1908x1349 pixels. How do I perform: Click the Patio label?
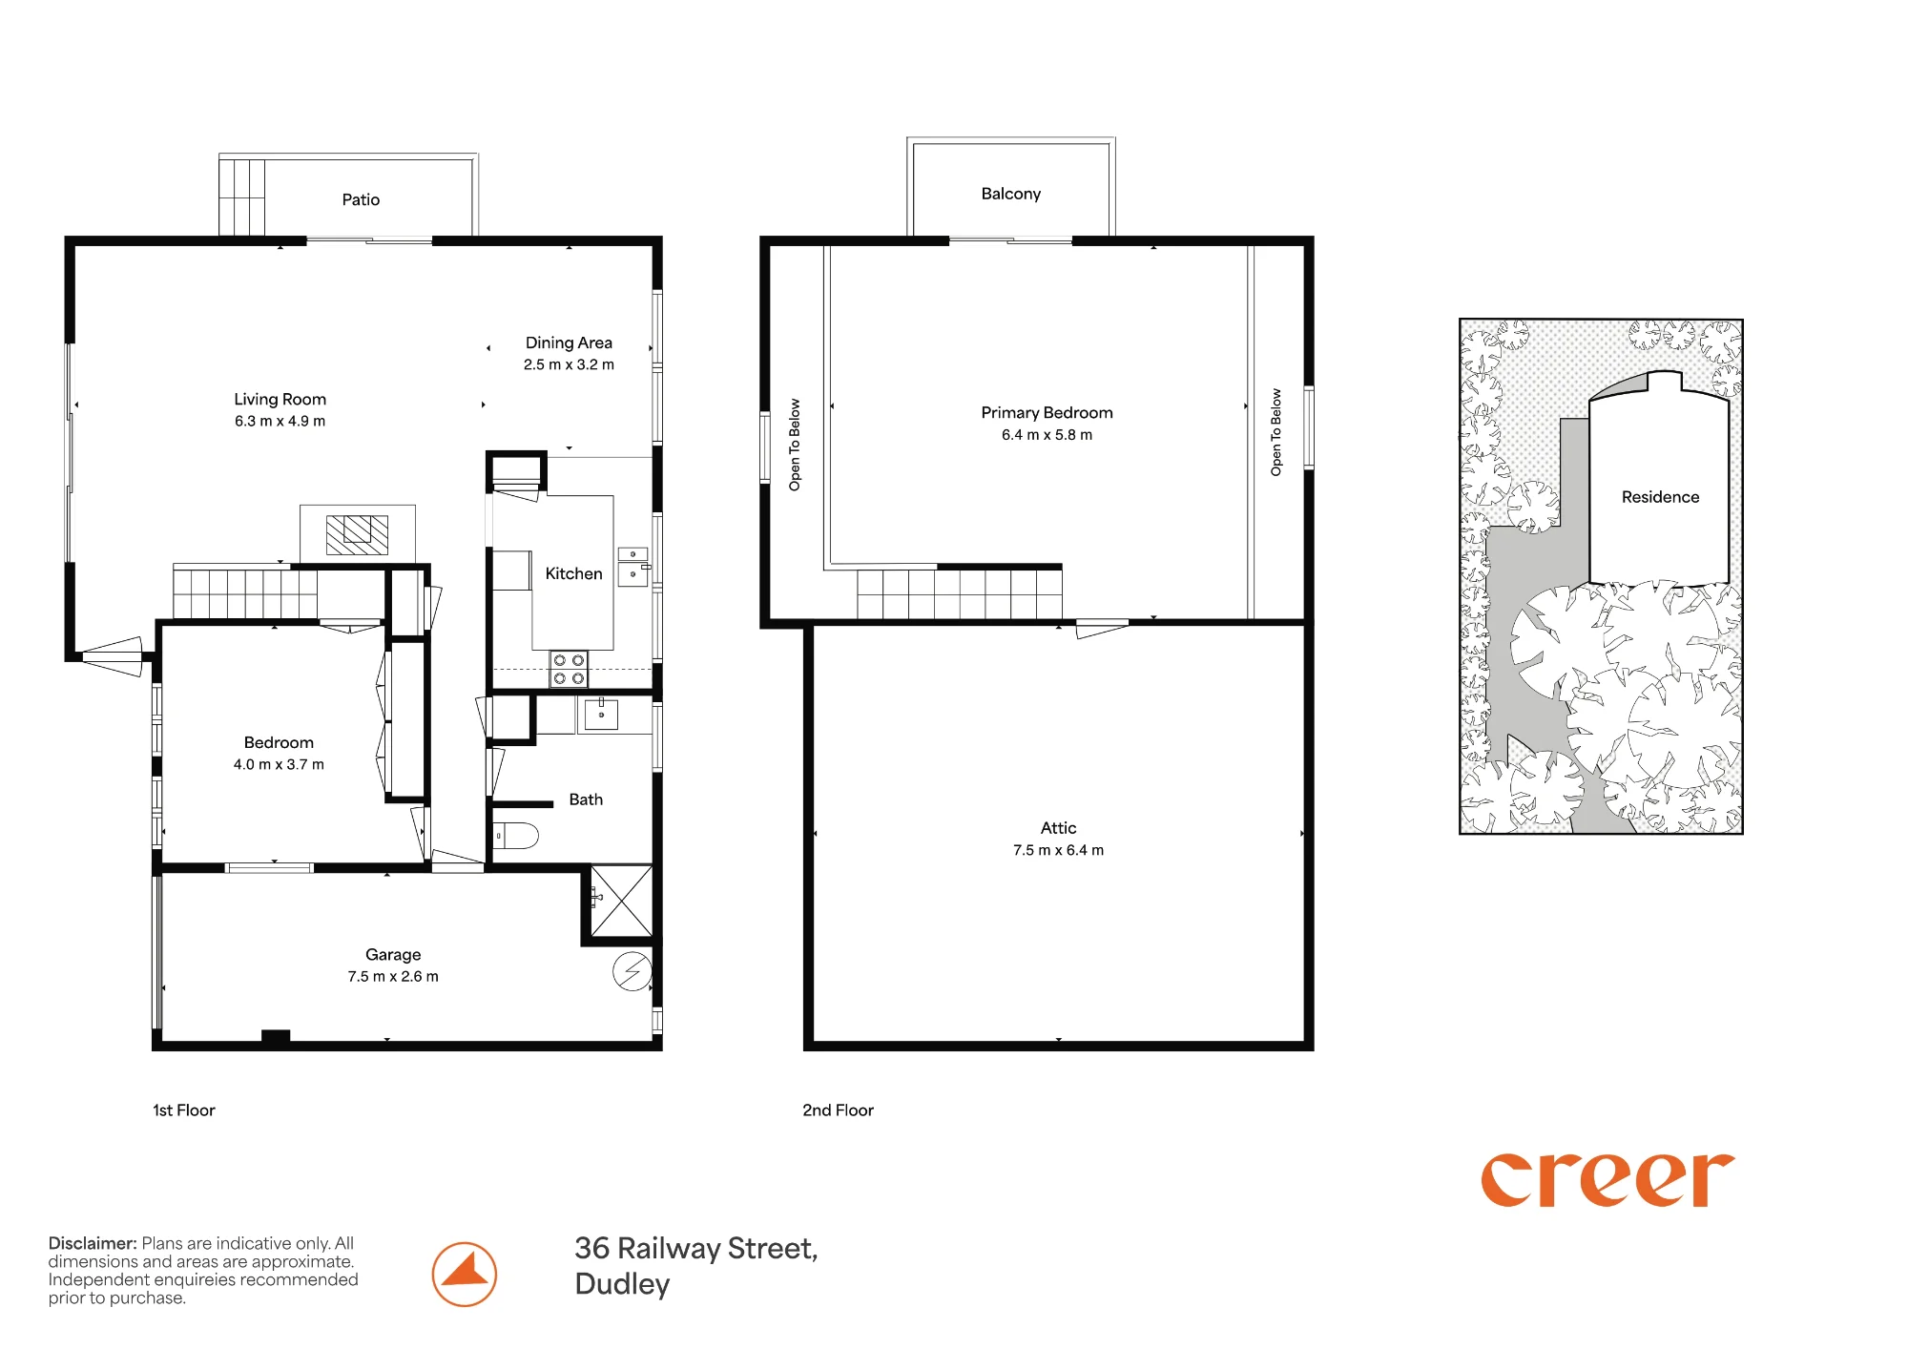click(x=361, y=199)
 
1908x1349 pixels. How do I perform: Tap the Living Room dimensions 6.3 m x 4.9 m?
click(x=280, y=421)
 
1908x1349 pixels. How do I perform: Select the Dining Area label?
click(x=569, y=342)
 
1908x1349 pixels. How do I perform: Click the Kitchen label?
click(x=573, y=573)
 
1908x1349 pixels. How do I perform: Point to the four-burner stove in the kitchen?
click(x=569, y=669)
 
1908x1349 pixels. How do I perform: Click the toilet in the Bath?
click(x=515, y=836)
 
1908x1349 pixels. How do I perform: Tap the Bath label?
click(x=586, y=799)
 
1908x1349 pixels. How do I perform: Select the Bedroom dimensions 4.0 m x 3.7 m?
click(x=279, y=764)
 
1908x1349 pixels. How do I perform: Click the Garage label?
click(x=393, y=954)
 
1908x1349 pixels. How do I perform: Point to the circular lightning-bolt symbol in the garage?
click(x=632, y=971)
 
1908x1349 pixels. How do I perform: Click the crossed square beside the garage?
click(x=621, y=901)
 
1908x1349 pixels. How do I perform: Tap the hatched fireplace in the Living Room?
click(x=358, y=534)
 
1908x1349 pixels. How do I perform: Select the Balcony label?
click(x=1011, y=194)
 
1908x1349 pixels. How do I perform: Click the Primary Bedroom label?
click(x=1047, y=412)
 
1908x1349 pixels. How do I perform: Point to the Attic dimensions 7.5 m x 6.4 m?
click(x=1058, y=850)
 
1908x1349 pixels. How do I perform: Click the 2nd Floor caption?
click(x=838, y=1110)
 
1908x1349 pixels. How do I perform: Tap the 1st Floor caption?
click(x=184, y=1110)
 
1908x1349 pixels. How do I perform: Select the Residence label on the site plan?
click(x=1660, y=497)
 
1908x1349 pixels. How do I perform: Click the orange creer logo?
click(x=1607, y=1180)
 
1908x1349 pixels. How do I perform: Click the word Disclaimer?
click(x=93, y=1243)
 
